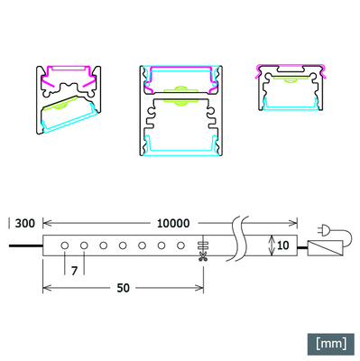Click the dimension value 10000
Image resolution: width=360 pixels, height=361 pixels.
point(173,223)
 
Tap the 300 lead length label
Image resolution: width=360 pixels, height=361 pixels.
point(25,224)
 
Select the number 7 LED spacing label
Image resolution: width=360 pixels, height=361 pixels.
point(74,271)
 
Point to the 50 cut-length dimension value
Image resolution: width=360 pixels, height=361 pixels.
point(123,288)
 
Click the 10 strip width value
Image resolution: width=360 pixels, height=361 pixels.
point(282,245)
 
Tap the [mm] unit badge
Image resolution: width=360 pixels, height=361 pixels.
point(331,344)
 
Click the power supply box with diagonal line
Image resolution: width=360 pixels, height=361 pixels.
point(325,248)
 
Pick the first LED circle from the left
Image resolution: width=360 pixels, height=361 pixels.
point(65,245)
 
